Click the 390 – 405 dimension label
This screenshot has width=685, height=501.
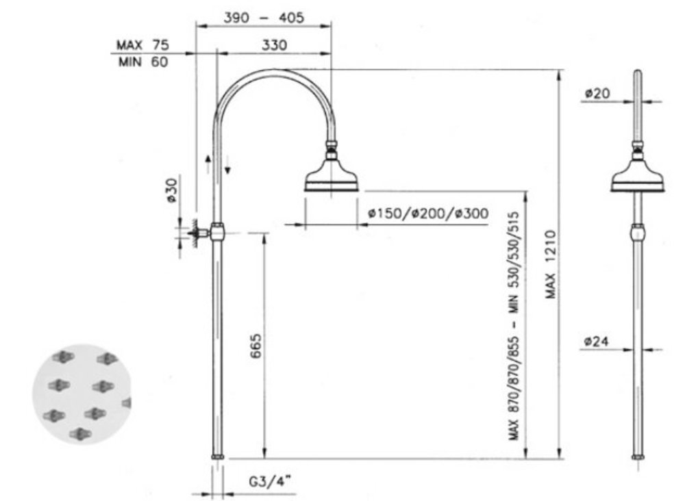pyautogui.click(x=264, y=18)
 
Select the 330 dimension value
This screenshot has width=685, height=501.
pyautogui.click(x=275, y=45)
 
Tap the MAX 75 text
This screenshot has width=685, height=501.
pyautogui.click(x=142, y=45)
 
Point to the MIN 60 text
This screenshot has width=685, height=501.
pyautogui.click(x=143, y=62)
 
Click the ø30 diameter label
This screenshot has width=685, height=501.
pyautogui.click(x=172, y=190)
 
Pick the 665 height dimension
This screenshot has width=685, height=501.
pyautogui.click(x=256, y=346)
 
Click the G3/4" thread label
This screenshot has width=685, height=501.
pyautogui.click(x=270, y=481)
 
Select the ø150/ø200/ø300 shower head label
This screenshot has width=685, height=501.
pyautogui.click(x=428, y=214)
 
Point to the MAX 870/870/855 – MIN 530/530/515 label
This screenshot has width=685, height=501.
pyautogui.click(x=514, y=326)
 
